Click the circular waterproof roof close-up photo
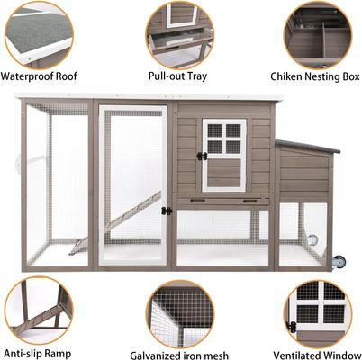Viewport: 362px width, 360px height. [38, 34]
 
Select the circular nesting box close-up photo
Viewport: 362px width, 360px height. [318, 34]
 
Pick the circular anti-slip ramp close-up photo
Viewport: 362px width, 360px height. [38, 308]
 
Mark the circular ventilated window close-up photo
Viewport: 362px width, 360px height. [318, 310]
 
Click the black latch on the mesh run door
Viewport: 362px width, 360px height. [166, 211]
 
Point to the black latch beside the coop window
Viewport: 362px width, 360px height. [203, 156]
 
